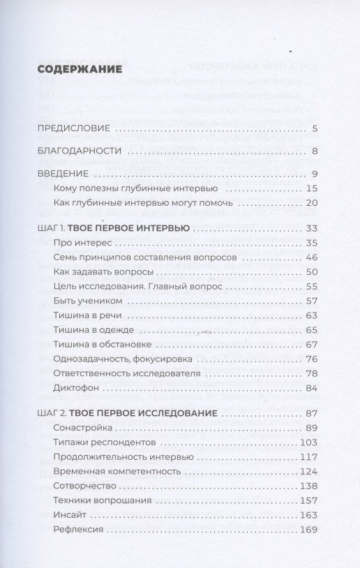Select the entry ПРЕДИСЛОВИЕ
pos(73,128)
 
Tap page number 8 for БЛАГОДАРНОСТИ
pos(315,151)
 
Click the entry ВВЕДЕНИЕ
pos(63,174)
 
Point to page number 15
pos(312,188)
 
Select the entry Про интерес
pos(82,242)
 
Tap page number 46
pos(311,257)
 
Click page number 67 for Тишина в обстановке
pos(311,344)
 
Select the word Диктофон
pos(77,388)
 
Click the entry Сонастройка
pos(82,427)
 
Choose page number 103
pos(308,442)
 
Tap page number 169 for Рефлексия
pos(308,530)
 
